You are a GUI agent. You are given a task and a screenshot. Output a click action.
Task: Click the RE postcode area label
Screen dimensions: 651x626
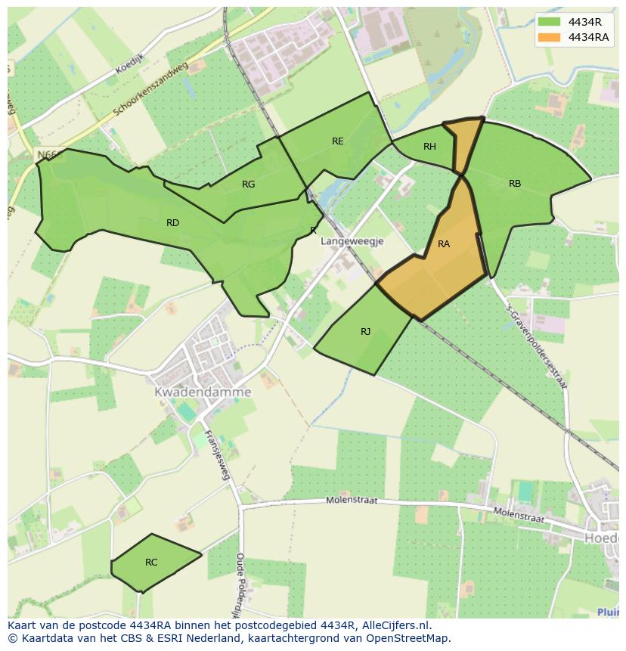[x=337, y=141]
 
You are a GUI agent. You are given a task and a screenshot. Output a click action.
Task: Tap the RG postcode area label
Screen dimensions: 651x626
[x=249, y=184]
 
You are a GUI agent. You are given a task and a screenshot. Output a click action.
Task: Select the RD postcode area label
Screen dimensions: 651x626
[x=172, y=223]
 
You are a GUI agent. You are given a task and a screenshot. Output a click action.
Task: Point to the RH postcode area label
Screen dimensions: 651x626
[x=429, y=147]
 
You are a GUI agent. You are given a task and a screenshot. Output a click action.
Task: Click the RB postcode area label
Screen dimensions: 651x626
[x=515, y=184]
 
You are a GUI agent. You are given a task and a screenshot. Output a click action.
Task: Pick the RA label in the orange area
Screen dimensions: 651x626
[x=444, y=244]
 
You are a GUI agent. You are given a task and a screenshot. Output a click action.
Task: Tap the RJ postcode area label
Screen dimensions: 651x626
[x=366, y=332]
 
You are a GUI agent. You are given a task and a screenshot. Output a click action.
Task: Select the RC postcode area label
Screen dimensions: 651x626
[x=151, y=563]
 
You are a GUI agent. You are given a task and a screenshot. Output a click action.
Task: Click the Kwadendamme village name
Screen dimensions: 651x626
[x=203, y=392]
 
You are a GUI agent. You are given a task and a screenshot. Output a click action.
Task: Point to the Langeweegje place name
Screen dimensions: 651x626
[x=352, y=241]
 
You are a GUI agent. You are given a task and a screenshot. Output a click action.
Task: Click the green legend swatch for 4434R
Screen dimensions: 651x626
[x=550, y=21]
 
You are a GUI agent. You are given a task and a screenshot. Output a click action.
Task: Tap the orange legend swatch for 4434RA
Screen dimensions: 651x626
[x=550, y=37]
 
